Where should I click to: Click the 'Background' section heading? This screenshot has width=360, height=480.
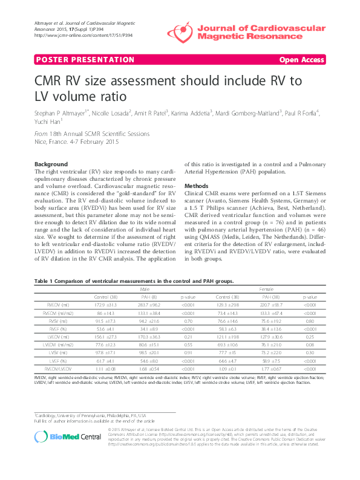[51, 164]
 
